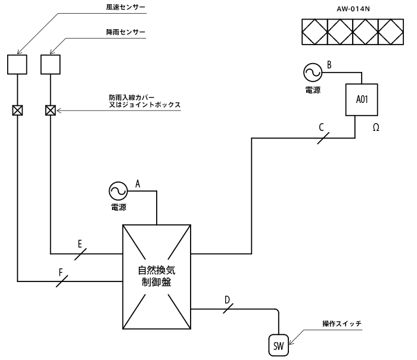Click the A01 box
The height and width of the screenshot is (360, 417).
point(362,99)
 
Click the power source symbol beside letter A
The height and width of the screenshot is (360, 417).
point(118,192)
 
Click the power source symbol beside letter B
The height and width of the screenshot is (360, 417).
point(312,73)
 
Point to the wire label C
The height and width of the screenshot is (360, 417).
point(322,127)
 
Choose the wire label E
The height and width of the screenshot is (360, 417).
point(80,244)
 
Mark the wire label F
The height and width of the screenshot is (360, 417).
point(61,271)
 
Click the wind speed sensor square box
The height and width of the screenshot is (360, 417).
point(17,64)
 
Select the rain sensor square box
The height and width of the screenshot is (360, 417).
point(51,64)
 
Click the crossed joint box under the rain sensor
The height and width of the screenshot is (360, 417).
point(51,110)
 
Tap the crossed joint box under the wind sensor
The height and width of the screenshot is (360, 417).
point(17,110)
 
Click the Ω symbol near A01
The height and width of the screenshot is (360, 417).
point(376,127)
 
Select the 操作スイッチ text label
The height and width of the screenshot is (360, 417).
point(342,324)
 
